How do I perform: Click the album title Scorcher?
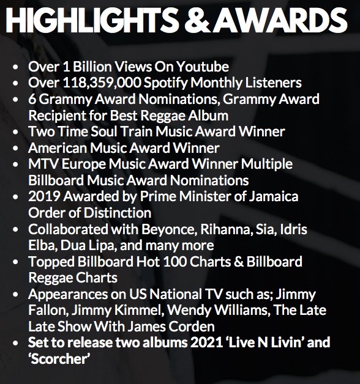pos(58,358)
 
